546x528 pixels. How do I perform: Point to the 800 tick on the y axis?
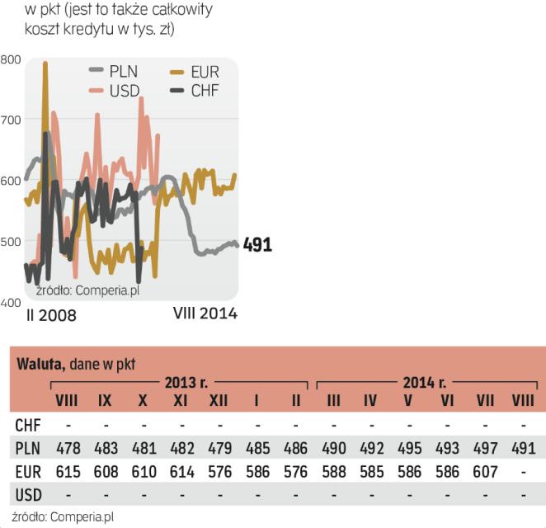[x=12, y=59]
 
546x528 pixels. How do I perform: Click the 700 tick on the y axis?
[x=12, y=120]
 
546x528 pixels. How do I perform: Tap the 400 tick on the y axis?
[x=12, y=303]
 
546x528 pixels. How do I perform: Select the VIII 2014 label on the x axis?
[x=205, y=313]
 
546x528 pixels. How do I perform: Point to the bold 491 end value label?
[x=257, y=245]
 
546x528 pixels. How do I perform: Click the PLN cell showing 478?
[x=66, y=449]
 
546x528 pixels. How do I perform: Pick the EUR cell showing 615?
[x=66, y=472]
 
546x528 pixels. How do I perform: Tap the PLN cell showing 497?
[x=485, y=449]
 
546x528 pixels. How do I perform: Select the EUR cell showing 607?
[x=485, y=472]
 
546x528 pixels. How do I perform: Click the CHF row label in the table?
[x=27, y=426]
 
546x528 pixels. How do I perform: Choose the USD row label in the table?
[x=28, y=495]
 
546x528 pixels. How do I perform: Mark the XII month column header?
[x=218, y=401]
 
